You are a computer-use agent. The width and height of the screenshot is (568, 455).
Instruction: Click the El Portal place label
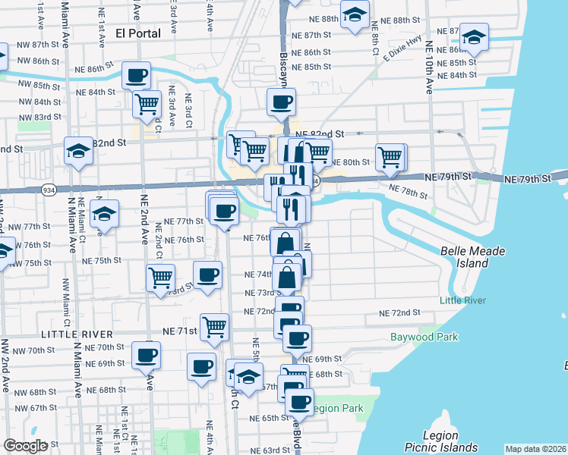(137, 33)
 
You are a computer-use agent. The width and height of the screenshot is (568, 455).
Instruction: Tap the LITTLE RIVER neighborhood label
(76, 334)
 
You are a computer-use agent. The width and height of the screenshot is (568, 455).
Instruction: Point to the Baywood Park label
(424, 337)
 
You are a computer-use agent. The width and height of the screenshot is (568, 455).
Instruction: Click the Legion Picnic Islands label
(451, 441)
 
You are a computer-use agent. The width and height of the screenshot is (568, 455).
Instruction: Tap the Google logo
(25, 446)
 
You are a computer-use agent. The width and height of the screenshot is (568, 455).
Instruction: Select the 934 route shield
(49, 190)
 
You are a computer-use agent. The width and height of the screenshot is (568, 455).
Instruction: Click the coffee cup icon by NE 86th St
(137, 76)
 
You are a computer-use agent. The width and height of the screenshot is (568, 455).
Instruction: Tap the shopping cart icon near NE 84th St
(147, 104)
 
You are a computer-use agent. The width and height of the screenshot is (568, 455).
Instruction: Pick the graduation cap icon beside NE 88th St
(354, 15)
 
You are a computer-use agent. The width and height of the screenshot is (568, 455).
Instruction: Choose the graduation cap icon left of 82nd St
(78, 151)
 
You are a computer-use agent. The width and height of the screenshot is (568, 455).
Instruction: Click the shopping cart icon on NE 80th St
(390, 158)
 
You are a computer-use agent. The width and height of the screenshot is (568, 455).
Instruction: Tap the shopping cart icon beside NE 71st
(215, 327)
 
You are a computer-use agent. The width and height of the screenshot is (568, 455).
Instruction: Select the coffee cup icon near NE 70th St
(147, 354)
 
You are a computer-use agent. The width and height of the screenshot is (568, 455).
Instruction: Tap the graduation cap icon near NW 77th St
(104, 213)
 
